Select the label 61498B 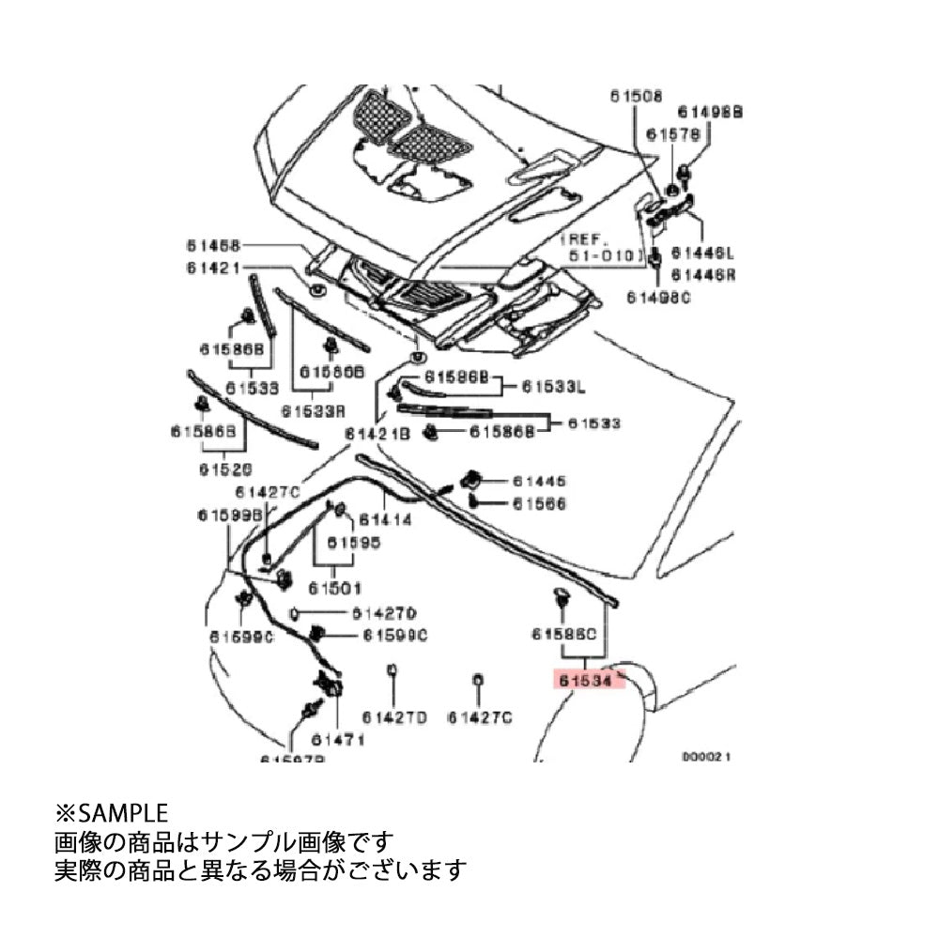coord(711,111)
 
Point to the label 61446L coord(708,254)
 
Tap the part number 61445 coord(539,482)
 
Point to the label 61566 coord(539,504)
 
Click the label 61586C coord(563,634)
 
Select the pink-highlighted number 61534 coord(583,680)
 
